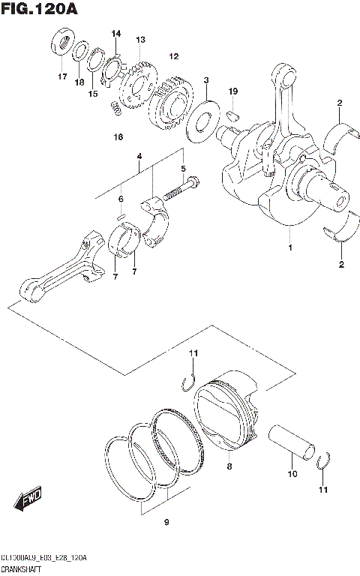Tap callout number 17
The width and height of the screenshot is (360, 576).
pos(62,77)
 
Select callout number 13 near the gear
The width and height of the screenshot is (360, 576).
pos(140,39)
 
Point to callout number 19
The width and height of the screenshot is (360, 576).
pos(233,91)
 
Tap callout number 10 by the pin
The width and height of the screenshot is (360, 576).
pos(293,474)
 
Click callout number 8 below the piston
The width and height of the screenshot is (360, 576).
pos(229,467)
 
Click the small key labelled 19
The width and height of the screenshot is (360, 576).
pos(233,115)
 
